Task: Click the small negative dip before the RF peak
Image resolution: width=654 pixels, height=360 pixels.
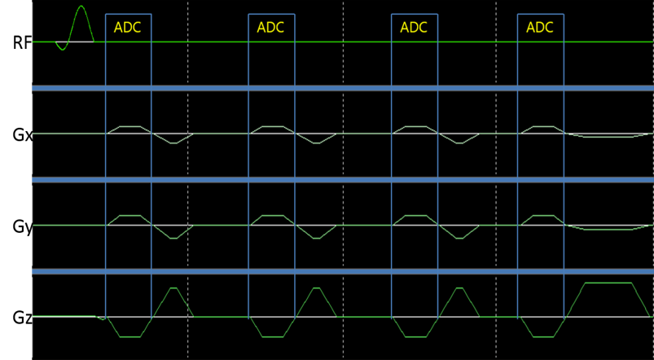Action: (x=61, y=47)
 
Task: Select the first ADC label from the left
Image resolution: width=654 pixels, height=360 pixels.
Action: (x=127, y=28)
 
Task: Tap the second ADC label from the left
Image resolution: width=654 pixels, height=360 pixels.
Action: (x=270, y=28)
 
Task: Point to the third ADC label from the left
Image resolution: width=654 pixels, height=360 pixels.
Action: (x=414, y=28)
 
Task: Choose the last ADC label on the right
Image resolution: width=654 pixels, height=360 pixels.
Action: (x=540, y=28)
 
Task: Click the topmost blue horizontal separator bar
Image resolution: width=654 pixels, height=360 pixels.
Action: (x=342, y=88)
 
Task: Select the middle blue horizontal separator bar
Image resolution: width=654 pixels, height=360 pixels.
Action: (x=342, y=179)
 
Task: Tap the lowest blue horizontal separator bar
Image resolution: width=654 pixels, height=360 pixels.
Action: (x=342, y=271)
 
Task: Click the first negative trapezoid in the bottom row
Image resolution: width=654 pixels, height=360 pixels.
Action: (x=129, y=329)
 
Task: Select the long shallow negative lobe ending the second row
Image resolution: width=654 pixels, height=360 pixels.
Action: (x=608, y=136)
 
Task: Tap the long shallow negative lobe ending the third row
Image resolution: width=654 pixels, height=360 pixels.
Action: (x=608, y=229)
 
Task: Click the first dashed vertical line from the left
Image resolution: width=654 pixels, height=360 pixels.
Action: (x=188, y=179)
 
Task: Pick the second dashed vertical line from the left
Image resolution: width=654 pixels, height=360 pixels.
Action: (x=343, y=179)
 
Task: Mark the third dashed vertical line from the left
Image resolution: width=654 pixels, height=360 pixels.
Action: (x=496, y=179)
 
